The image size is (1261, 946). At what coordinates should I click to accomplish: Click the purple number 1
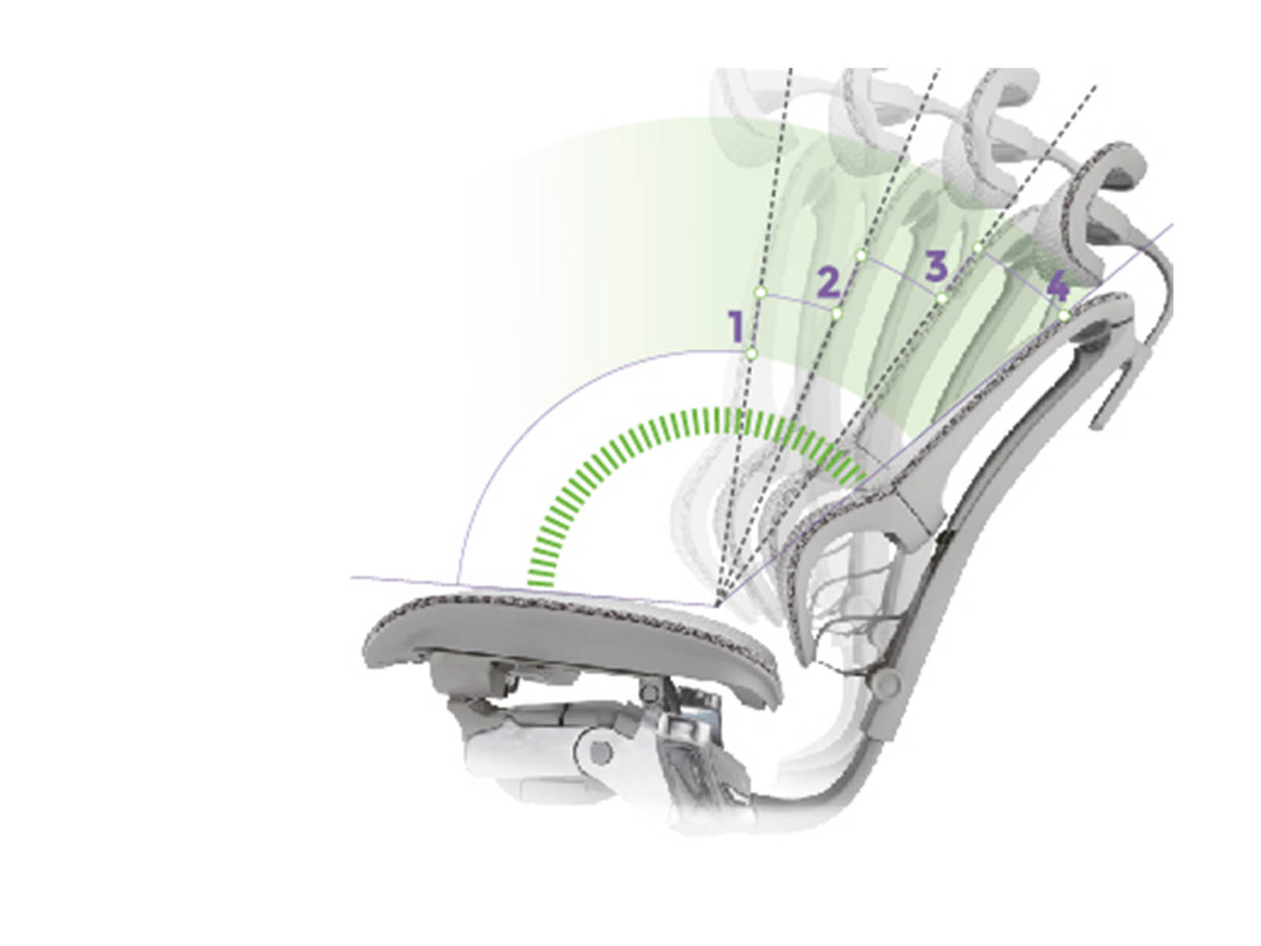coord(736,326)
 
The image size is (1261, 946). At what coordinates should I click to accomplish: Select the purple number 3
coord(936,266)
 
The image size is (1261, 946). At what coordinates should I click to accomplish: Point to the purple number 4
coord(1057,287)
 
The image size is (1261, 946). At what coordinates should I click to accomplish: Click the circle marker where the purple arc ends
coord(751,352)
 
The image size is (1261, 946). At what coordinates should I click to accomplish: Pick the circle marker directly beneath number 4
coord(1064,315)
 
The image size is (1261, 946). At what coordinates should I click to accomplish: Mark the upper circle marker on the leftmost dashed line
coord(762,292)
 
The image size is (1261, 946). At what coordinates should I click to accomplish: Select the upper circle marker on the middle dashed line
coord(861,255)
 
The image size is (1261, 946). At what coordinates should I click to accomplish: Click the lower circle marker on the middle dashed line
coord(836,313)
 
